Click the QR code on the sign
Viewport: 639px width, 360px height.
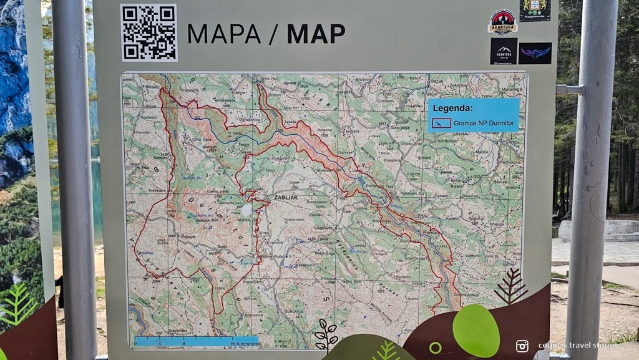(x=149, y=32)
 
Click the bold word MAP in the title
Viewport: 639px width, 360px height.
(x=316, y=34)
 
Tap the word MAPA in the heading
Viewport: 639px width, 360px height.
(x=223, y=34)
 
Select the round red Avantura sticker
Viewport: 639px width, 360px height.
(x=502, y=22)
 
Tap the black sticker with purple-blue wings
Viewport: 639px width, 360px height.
(x=535, y=53)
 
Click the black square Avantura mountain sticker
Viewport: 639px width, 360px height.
(x=504, y=51)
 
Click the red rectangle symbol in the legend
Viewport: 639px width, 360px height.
(x=441, y=123)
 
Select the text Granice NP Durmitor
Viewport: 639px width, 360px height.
(x=484, y=123)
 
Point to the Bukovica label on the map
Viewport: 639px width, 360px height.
(x=293, y=310)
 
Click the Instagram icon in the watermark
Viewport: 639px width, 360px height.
(x=522, y=346)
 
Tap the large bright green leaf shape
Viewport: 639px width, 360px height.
(x=476, y=331)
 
